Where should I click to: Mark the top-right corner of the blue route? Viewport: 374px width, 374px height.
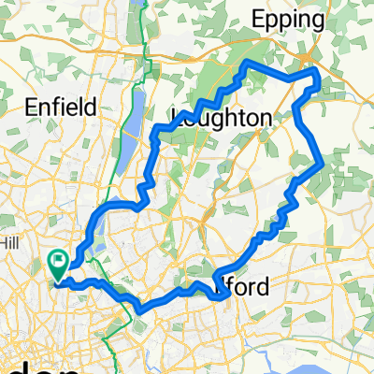click(x=317, y=72)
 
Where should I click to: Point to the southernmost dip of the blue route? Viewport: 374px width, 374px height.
click(x=142, y=309)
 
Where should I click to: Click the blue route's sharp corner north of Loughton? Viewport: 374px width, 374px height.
click(x=245, y=65)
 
